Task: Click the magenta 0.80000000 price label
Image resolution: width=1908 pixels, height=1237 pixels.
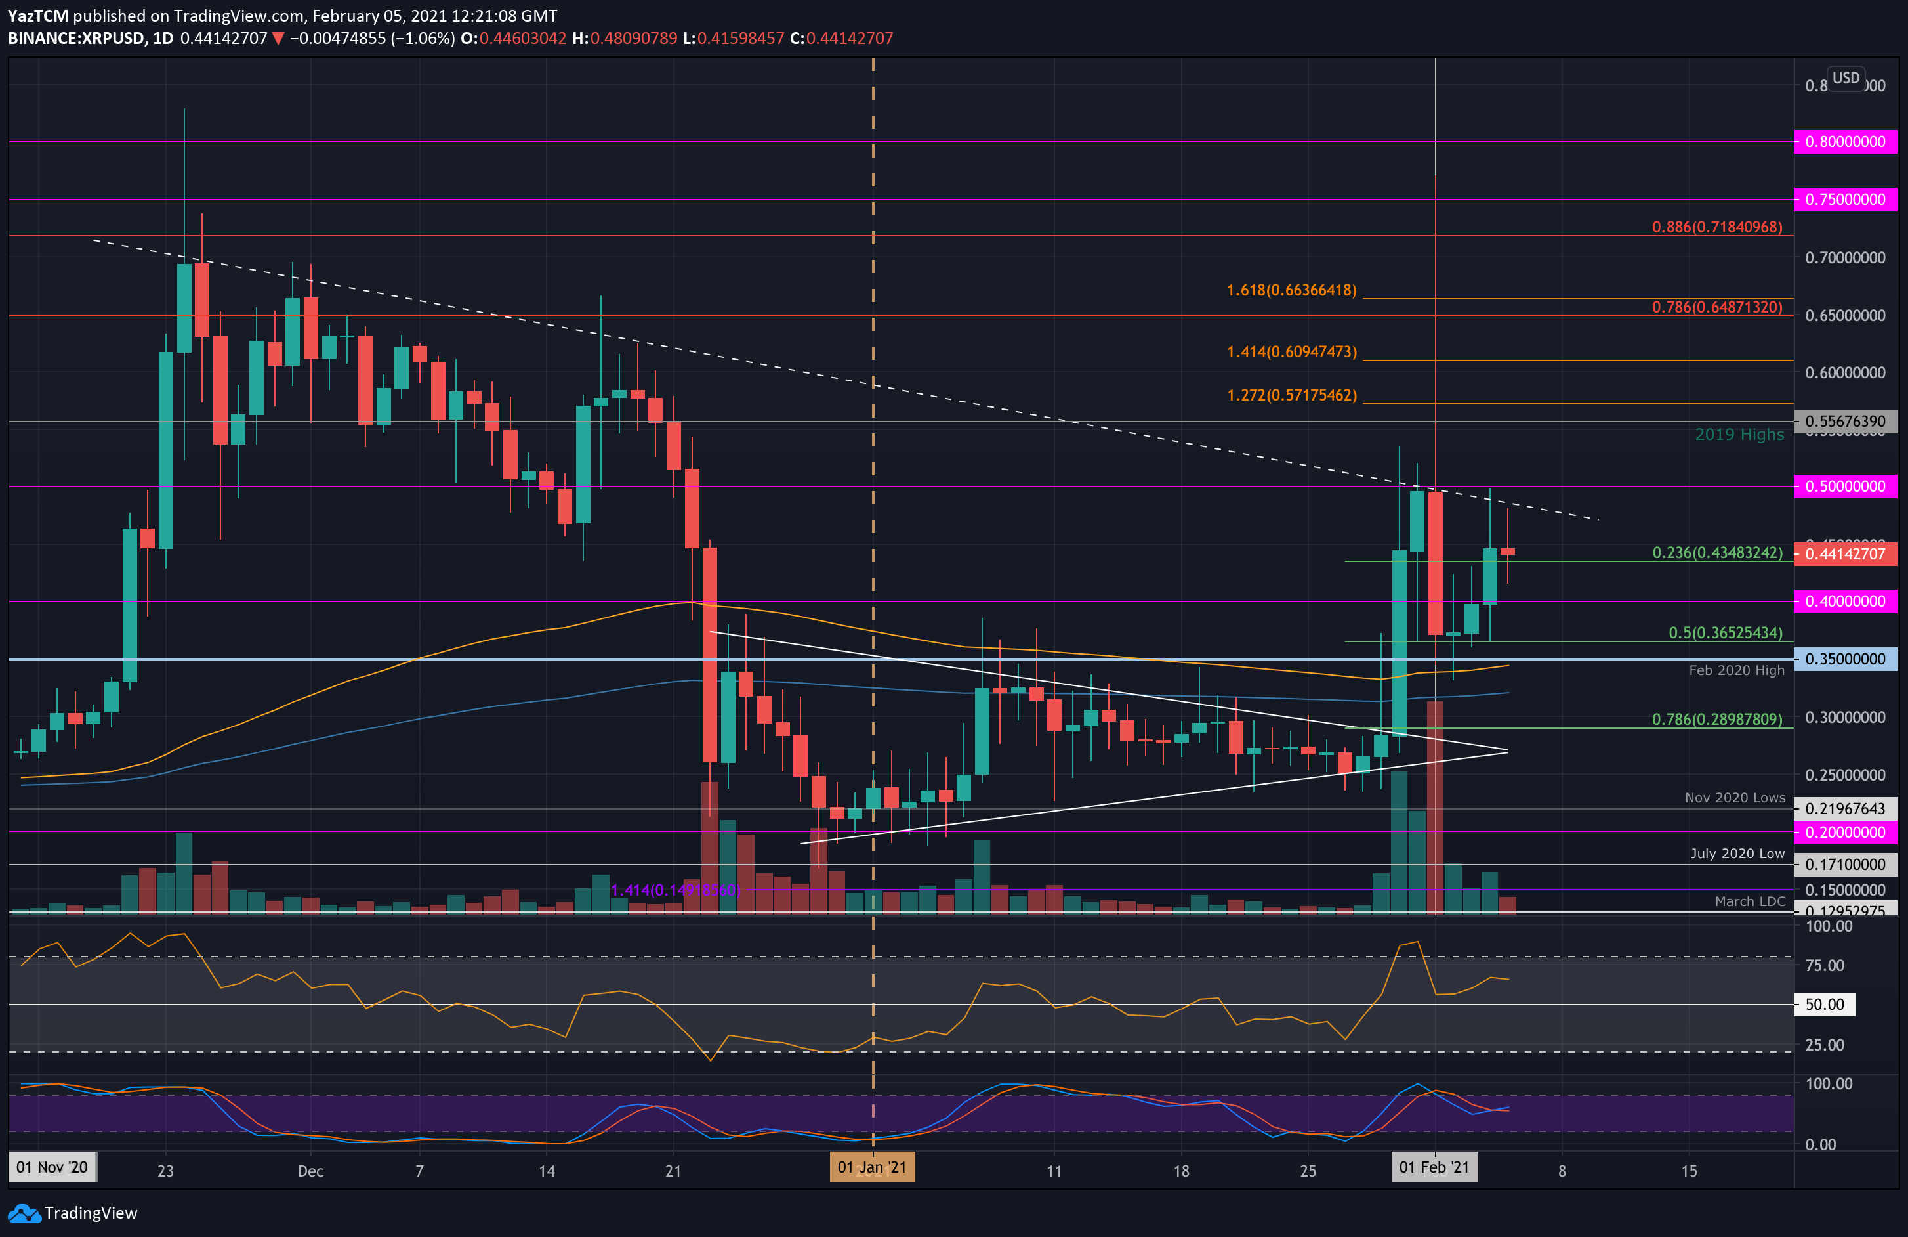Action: coord(1844,142)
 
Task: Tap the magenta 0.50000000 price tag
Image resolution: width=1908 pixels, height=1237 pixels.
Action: coord(1844,486)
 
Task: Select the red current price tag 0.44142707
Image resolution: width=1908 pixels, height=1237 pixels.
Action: coord(1844,553)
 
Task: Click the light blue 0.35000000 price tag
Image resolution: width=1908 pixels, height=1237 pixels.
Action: coord(1844,659)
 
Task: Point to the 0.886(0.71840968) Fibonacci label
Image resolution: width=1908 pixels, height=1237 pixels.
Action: coord(1716,227)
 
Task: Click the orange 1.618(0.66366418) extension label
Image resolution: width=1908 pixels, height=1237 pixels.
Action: coord(1291,290)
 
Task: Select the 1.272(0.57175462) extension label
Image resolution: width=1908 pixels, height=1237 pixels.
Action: coord(1291,395)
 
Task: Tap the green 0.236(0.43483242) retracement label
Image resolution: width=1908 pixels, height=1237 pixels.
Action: coord(1716,553)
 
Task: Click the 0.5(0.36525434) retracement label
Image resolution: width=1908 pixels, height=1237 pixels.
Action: coord(1725,632)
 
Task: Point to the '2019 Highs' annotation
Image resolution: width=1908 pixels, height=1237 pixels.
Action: coord(1739,434)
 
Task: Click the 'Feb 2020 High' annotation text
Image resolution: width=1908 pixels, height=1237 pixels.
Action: coord(1737,670)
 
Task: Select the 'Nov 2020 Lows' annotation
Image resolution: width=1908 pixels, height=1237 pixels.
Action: coord(1735,797)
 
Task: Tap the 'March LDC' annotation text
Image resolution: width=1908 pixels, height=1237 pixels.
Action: coord(1749,901)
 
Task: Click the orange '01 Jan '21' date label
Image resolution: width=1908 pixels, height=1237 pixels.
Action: coord(871,1167)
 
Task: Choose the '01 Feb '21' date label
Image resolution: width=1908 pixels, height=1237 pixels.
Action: coord(1434,1167)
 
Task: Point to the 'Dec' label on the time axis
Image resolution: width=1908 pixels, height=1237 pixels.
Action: coord(310,1171)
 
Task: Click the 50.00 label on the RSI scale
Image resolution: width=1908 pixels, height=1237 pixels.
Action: coord(1824,1005)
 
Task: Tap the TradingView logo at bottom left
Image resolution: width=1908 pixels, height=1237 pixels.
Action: coord(73,1212)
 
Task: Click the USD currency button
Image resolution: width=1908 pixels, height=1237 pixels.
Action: coord(1846,78)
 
